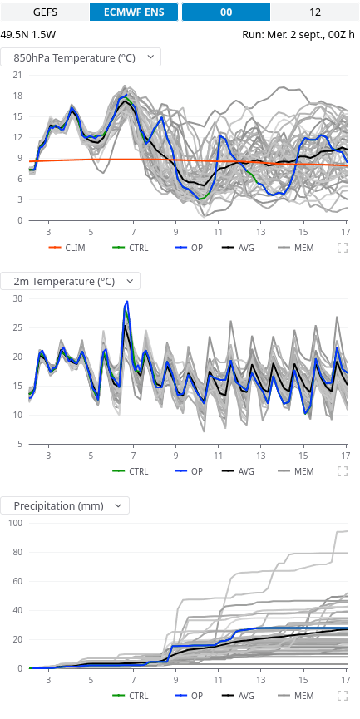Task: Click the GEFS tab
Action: pos(45,12)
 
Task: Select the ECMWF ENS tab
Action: pos(134,12)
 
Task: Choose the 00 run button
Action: pos(226,12)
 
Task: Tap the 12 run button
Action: pos(315,12)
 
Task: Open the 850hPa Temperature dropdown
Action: pos(81,57)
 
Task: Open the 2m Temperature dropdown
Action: pos(70,281)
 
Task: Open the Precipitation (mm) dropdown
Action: pos(65,505)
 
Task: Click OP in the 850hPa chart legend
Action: pos(189,248)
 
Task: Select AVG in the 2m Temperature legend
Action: pos(238,471)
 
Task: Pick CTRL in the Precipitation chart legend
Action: pos(131,696)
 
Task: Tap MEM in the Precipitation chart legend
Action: pos(296,696)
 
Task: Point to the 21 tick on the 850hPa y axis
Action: pos(17,75)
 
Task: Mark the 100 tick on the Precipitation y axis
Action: pos(15,523)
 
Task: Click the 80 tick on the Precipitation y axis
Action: pos(17,552)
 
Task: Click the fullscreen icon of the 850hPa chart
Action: pos(342,248)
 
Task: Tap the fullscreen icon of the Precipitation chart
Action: pos(342,696)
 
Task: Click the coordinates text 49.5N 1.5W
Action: pos(28,34)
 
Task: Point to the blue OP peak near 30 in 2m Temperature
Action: pos(127,302)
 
